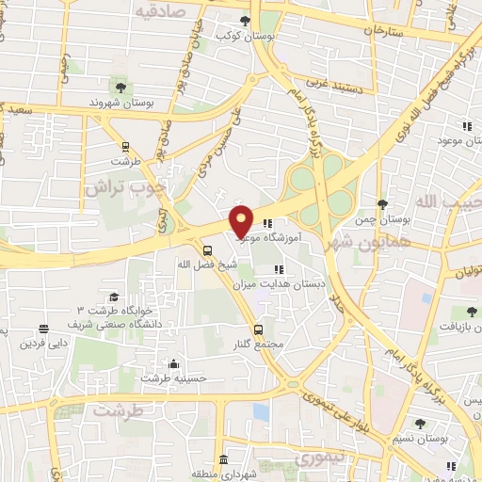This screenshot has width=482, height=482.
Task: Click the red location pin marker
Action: [x=242, y=220]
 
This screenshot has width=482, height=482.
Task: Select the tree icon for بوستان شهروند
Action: [x=120, y=88]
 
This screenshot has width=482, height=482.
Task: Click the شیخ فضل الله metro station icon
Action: [x=207, y=249]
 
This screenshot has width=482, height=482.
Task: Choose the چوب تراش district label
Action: [x=121, y=187]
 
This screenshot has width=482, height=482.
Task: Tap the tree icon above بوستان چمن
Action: [x=381, y=203]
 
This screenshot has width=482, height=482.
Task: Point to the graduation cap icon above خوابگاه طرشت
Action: [x=113, y=297]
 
